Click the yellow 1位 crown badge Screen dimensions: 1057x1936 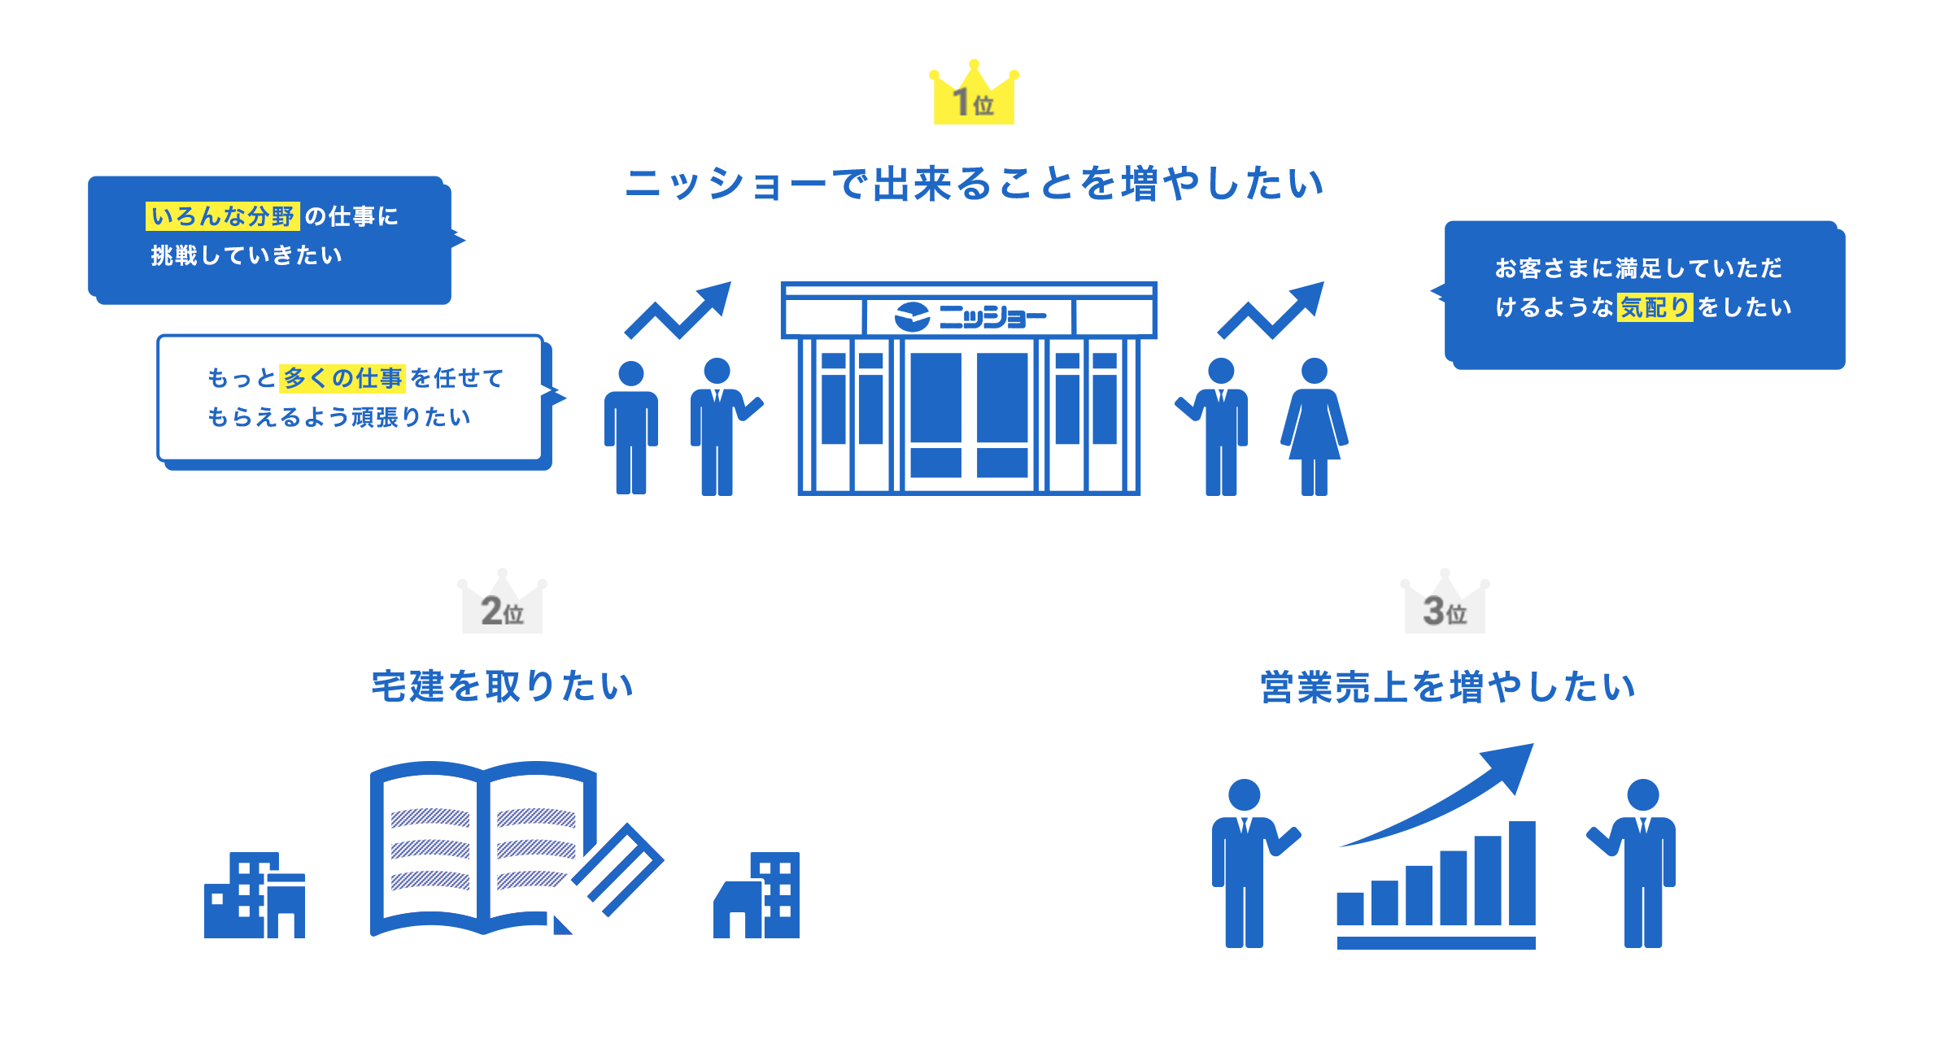point(974,94)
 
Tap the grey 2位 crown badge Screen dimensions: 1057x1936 point(502,603)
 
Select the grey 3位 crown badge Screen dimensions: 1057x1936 point(1444,603)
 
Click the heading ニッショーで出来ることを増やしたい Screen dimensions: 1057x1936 point(974,184)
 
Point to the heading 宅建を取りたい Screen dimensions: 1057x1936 point(502,686)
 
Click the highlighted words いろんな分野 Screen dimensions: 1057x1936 point(223,216)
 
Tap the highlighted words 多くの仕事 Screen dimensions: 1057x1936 point(342,378)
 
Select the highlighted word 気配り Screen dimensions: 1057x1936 point(1655,307)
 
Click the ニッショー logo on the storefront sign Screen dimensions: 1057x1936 point(969,316)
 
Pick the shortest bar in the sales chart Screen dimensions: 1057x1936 point(1350,907)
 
